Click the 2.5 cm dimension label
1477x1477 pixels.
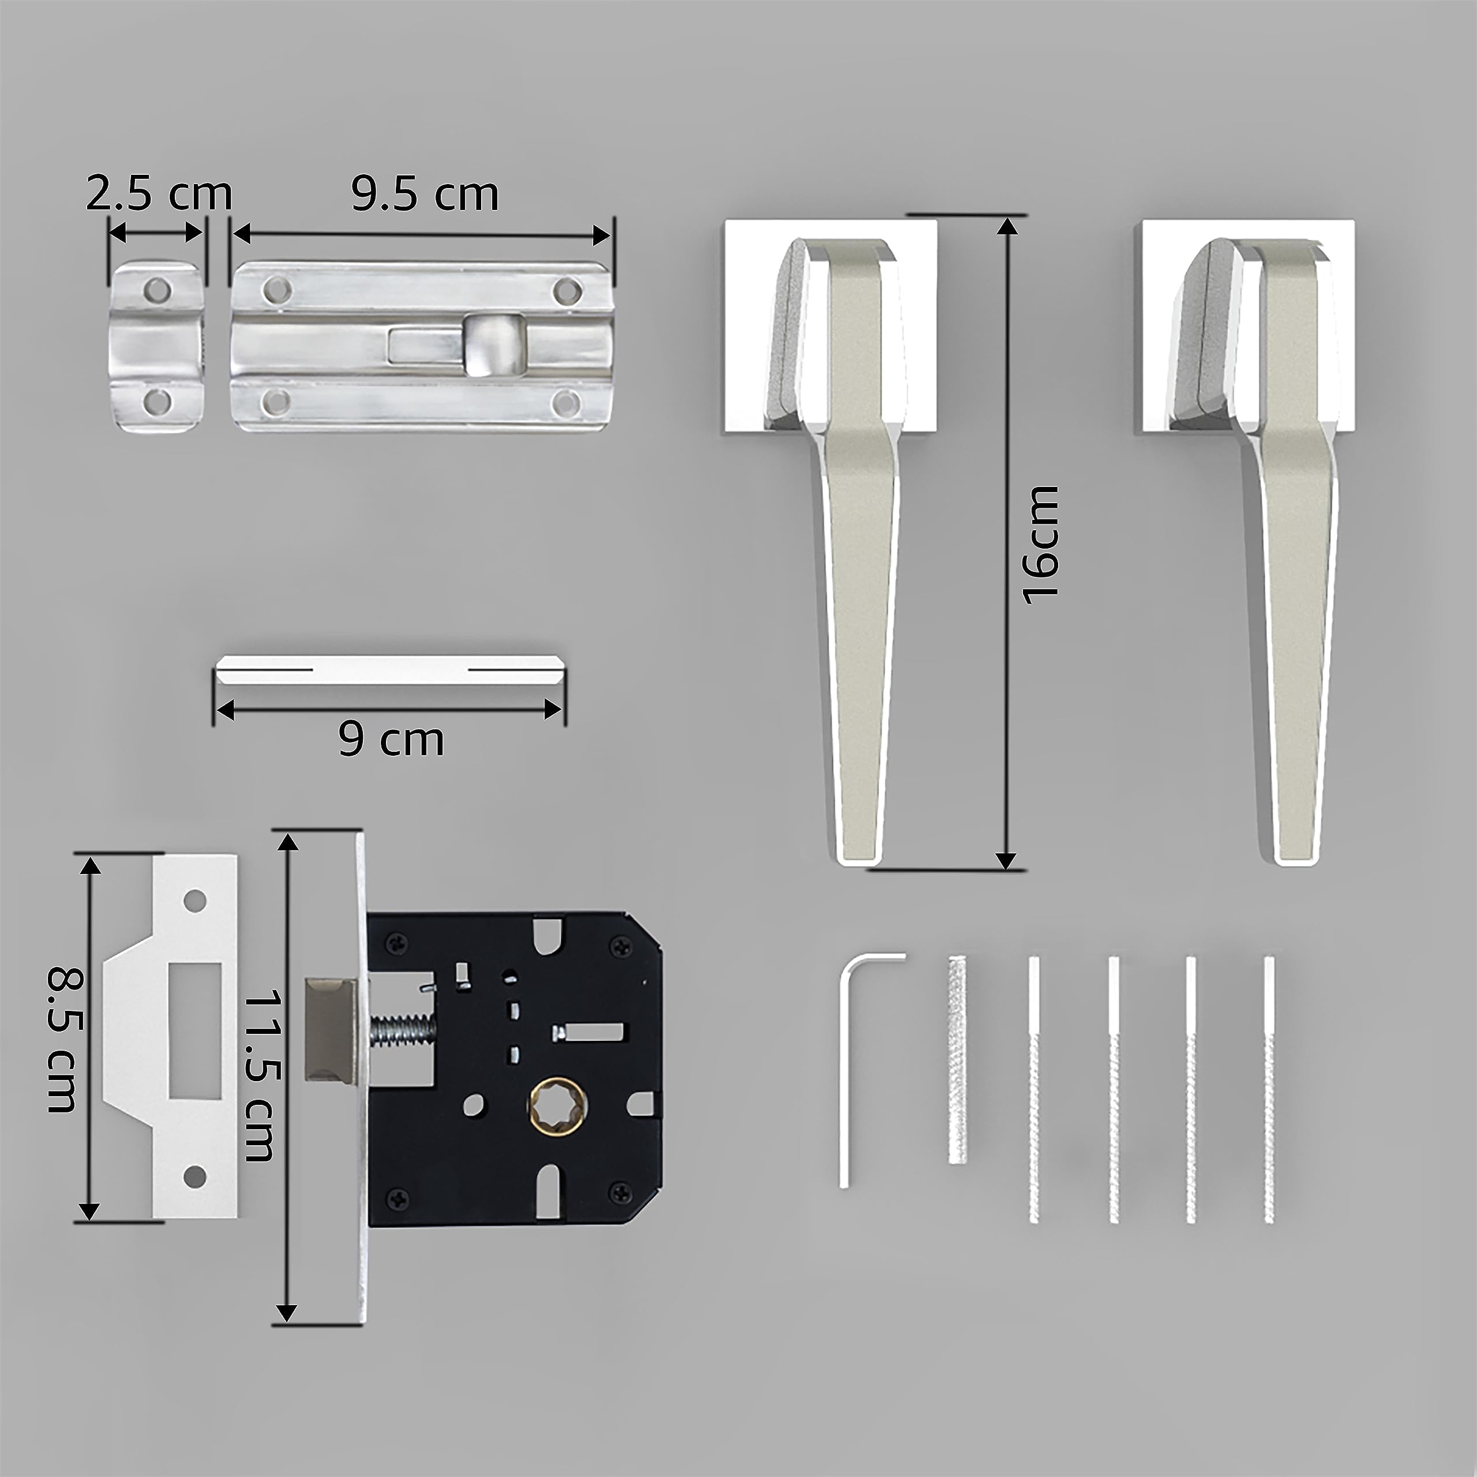tap(158, 194)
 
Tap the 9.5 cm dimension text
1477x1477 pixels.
tap(425, 194)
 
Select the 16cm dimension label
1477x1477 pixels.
tap(1041, 544)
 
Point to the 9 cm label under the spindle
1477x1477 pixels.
tap(391, 740)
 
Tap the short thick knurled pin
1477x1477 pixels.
tap(958, 1070)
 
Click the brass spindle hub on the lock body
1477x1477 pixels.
tap(556, 1105)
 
